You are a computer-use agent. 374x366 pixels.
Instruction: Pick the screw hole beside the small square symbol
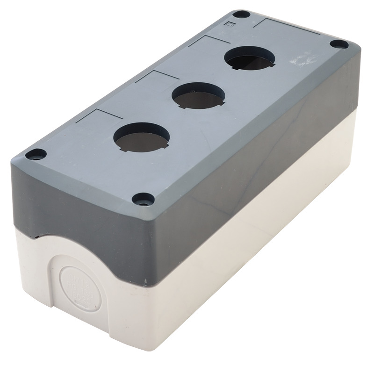(241, 14)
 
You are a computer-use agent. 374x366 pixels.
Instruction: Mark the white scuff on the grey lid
(299, 60)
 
